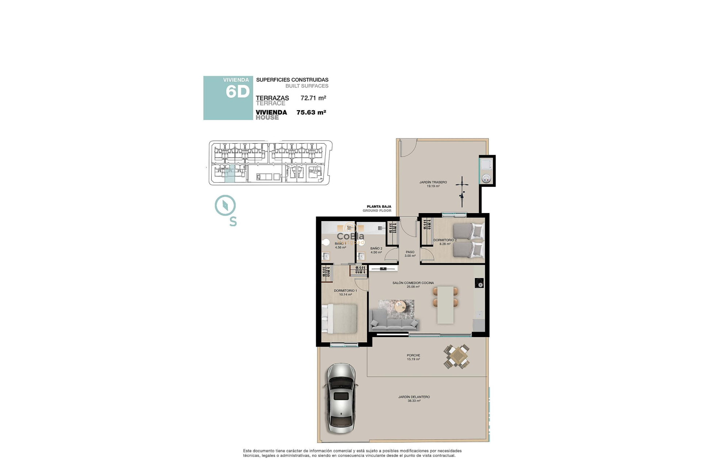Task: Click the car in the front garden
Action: point(341,398)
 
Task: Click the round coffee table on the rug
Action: point(400,306)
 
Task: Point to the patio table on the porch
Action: point(457,356)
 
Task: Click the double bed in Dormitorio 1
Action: point(340,319)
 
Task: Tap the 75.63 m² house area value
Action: point(311,112)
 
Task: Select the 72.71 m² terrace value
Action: point(313,98)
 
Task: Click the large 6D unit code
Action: point(237,92)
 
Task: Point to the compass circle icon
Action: point(225,205)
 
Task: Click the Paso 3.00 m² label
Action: point(410,254)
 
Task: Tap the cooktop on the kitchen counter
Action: point(479,283)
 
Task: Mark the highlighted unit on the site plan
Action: point(230,174)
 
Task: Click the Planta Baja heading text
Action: point(379,207)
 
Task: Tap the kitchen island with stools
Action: point(445,305)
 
